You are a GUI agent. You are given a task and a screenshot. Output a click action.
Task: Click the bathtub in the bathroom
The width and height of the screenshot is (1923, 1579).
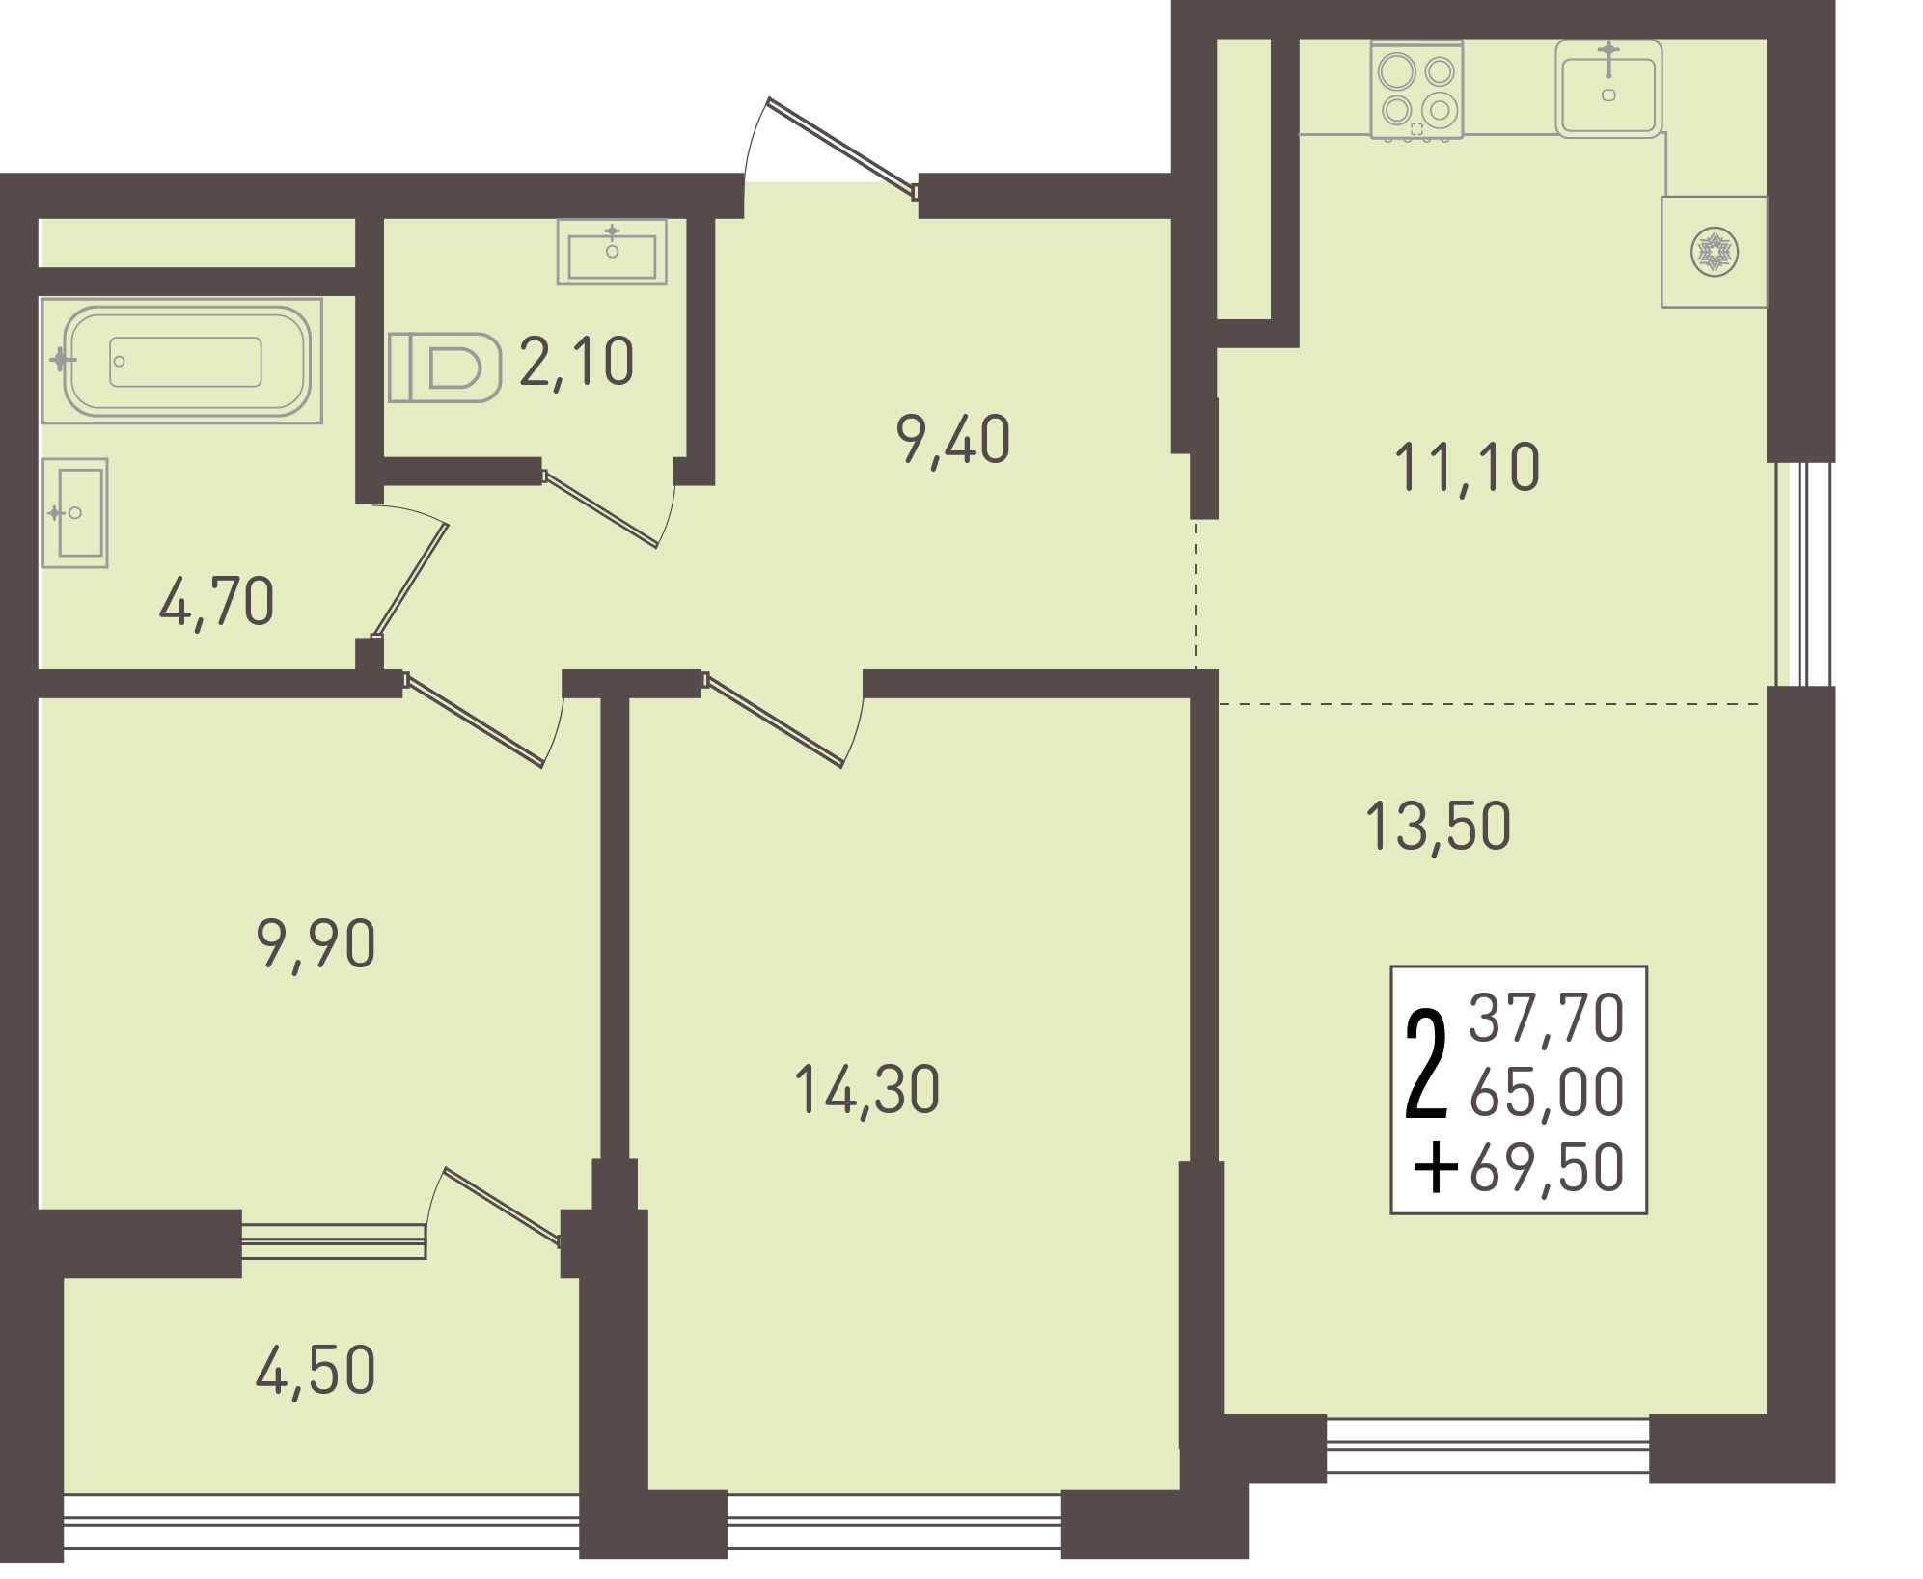point(181,361)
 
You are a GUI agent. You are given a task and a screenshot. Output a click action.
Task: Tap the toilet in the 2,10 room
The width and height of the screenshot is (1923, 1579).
point(445,368)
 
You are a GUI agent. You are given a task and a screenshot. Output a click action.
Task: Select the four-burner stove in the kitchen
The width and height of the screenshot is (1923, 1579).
point(1416,91)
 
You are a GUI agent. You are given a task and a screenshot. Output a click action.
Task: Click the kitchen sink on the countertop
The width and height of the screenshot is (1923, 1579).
point(1608,89)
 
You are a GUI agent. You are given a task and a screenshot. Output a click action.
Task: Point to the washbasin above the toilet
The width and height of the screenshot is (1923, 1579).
point(612,252)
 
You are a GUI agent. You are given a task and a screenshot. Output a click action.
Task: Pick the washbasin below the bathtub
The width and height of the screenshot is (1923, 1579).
point(75,513)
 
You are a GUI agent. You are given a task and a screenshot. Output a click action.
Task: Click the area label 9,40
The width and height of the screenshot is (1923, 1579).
point(953,441)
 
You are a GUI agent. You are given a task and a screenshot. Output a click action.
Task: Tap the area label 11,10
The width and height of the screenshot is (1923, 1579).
point(1467,469)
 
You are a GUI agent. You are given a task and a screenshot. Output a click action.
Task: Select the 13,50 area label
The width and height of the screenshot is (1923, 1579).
point(1438,828)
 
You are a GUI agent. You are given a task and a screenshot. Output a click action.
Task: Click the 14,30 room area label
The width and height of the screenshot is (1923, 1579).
point(866,1092)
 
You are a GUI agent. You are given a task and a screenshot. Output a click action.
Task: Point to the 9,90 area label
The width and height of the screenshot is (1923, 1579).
point(316,944)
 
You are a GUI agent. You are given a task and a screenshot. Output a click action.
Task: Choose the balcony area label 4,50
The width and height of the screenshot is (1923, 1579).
point(316,1372)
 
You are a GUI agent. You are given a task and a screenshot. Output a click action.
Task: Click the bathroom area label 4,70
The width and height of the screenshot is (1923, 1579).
point(217,603)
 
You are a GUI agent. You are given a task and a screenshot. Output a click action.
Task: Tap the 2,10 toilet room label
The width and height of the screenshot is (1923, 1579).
point(577,363)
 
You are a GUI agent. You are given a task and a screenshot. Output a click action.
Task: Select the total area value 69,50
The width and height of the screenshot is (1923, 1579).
point(1547,1169)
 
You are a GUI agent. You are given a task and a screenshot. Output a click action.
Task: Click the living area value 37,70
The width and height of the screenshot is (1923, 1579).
point(1547,1019)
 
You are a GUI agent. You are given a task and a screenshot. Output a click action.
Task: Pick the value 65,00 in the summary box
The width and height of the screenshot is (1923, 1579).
point(1547,1094)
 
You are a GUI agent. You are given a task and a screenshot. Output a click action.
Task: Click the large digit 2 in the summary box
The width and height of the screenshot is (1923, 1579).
point(1427,1064)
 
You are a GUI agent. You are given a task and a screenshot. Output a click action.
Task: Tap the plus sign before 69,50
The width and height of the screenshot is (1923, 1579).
point(1436,1168)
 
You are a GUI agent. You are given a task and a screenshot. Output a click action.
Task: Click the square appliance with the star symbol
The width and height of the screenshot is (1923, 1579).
point(1714,253)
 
